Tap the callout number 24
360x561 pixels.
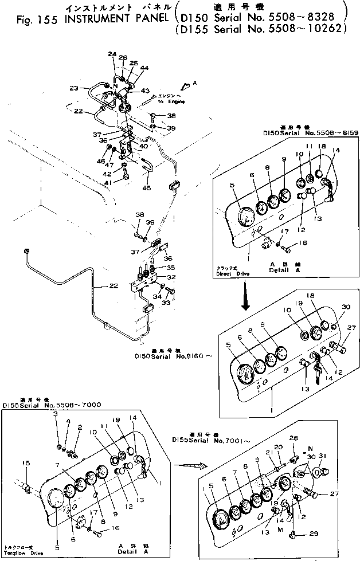tap(112, 54)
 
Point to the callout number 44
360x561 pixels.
tap(144, 68)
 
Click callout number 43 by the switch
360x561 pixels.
tap(145, 91)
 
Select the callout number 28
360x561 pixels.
tap(294, 438)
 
